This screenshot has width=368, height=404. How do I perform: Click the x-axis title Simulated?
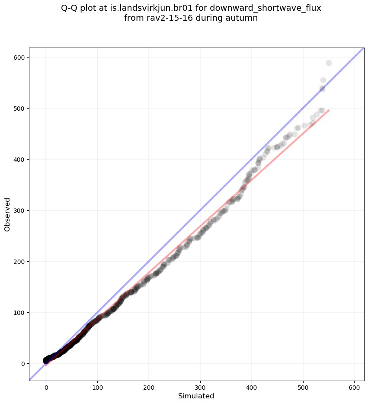[x=196, y=396]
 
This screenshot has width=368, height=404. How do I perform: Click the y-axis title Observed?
[x=7, y=214]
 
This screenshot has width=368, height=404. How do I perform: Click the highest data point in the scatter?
[x=329, y=63]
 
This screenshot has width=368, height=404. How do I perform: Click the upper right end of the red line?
[x=329, y=110]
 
